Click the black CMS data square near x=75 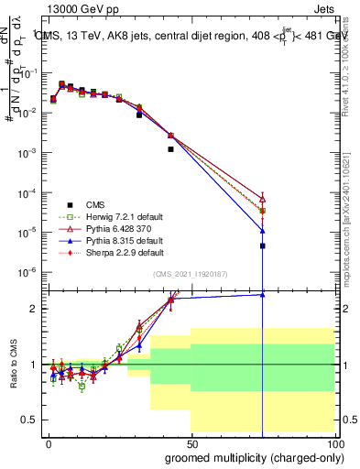coord(262,245)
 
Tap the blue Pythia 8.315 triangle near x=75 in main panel coord(262,230)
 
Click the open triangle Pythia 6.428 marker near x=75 coord(262,198)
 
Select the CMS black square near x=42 coord(170,148)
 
